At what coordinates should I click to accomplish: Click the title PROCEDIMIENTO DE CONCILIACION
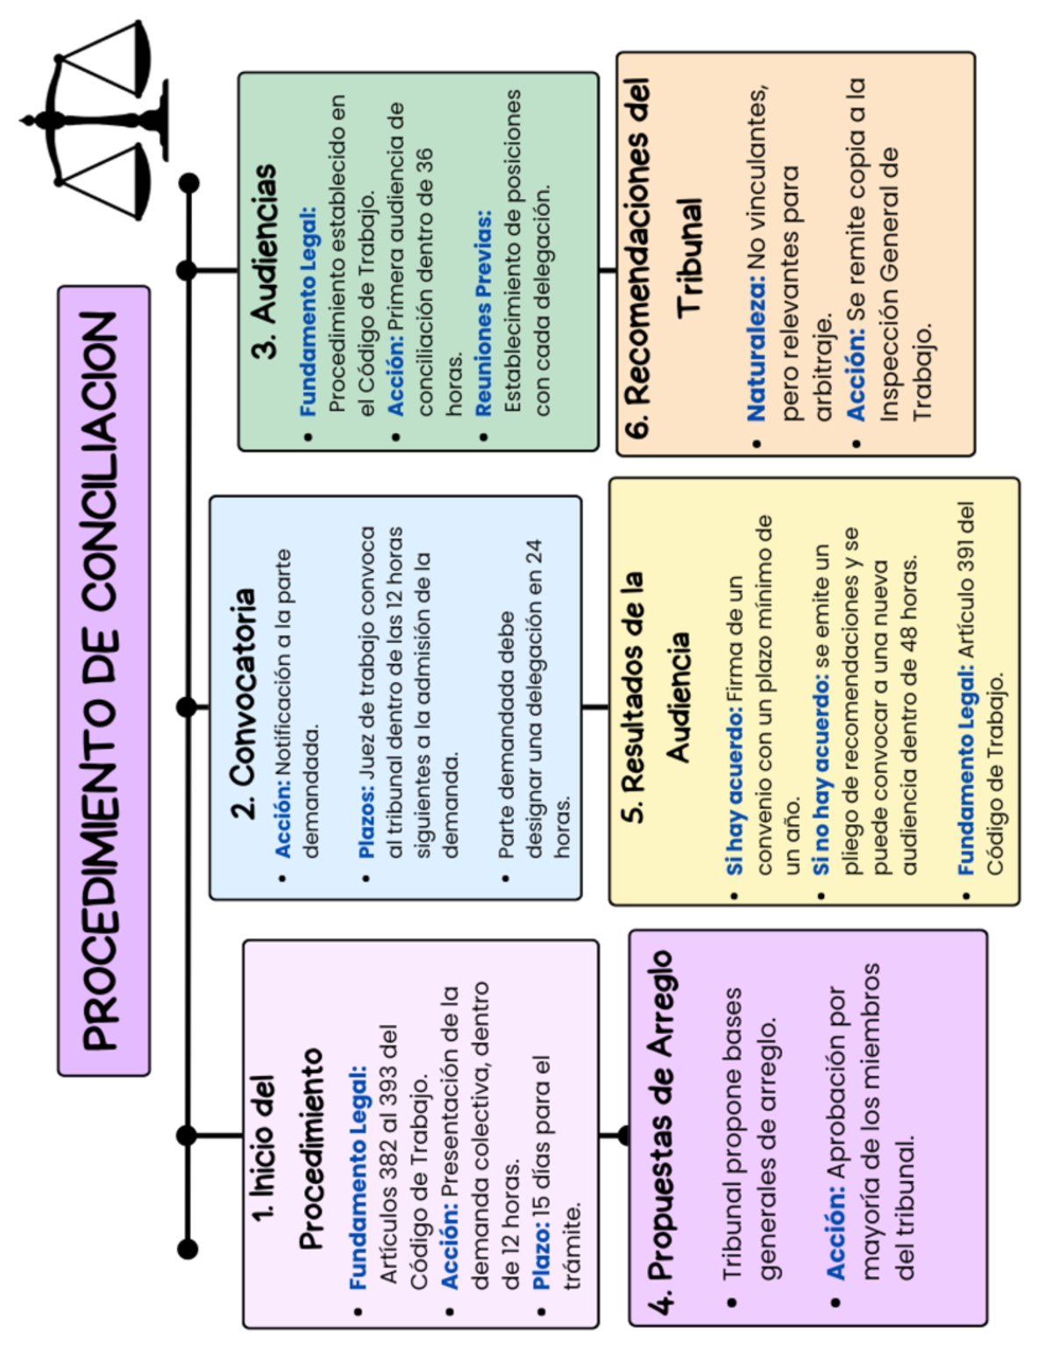pos(103,681)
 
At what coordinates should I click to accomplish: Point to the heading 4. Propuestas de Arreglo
pos(663,1131)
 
